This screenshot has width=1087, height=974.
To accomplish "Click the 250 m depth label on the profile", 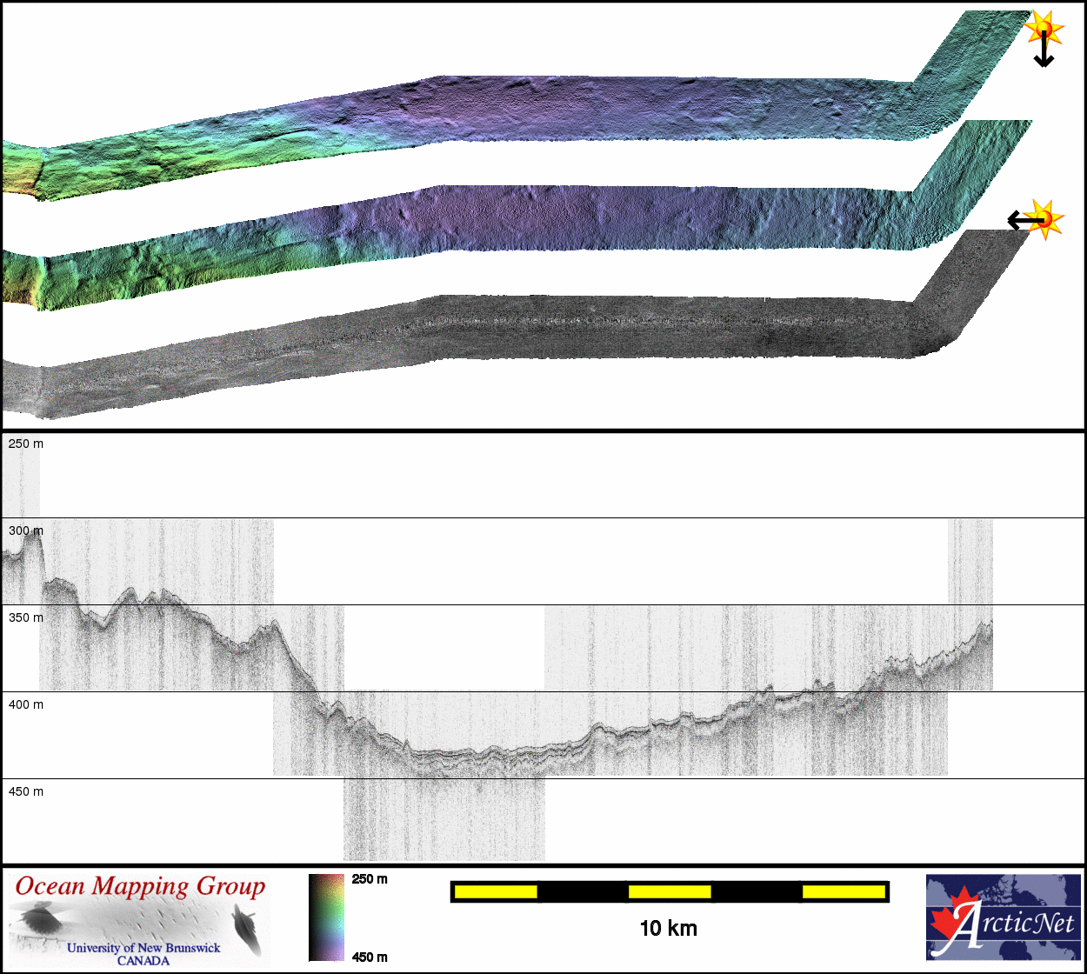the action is point(26,444).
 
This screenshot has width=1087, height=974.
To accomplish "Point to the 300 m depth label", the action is point(26,530).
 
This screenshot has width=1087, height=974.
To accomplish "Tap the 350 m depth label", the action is point(26,617).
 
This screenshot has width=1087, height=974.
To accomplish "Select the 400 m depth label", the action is point(26,704).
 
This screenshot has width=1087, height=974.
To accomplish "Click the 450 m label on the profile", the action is point(26,791).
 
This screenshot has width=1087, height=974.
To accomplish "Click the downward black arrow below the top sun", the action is point(1044,50).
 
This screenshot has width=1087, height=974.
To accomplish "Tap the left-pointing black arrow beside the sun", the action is point(1025,220).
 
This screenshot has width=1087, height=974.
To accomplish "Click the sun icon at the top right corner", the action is point(1044,27).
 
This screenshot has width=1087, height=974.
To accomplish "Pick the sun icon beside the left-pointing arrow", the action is point(1044,219).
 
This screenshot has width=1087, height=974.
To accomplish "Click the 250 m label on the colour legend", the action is point(370,879).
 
